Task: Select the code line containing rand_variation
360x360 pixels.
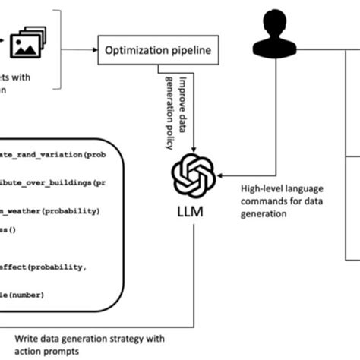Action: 53,155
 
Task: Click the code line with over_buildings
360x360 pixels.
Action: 53,183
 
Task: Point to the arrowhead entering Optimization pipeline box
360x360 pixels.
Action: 96,52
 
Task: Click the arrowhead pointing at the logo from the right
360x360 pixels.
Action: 221,177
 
